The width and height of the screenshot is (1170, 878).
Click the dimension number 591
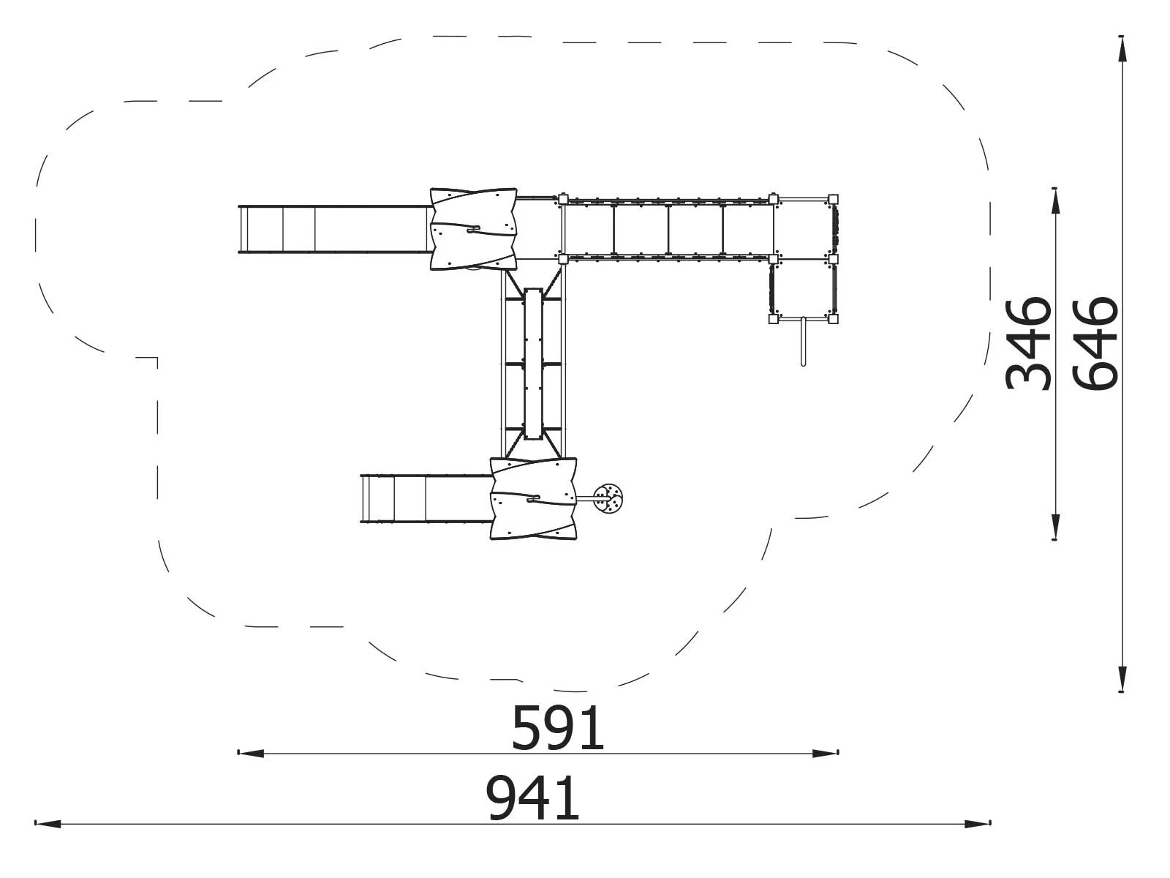(x=557, y=728)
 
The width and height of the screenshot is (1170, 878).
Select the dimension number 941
(x=532, y=799)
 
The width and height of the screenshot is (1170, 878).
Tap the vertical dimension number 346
(x=1027, y=344)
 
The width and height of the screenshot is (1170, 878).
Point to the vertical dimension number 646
(x=1095, y=344)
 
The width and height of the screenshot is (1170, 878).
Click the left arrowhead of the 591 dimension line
(x=251, y=754)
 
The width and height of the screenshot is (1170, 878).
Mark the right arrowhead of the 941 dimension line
(x=977, y=824)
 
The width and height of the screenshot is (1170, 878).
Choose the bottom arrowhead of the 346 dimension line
(x=1054, y=527)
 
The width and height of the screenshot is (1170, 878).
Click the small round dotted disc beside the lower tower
(x=608, y=499)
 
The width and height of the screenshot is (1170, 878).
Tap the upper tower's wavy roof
(x=473, y=228)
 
